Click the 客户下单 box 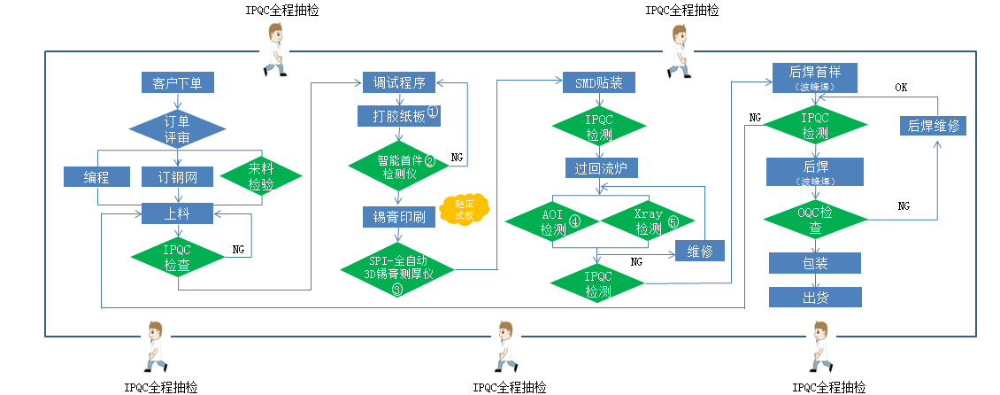pos(177,83)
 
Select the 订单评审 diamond pos(177,128)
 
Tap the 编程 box pos(96,177)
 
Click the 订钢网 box pos(177,177)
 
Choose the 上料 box pos(177,213)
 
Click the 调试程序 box pos(395,83)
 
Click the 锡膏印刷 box pos(394,217)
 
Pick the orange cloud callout pos(465,209)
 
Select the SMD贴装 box pos(593,83)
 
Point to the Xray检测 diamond pos(649,221)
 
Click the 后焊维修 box pos(932,126)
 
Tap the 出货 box pos(814,298)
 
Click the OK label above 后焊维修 pos(901,88)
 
